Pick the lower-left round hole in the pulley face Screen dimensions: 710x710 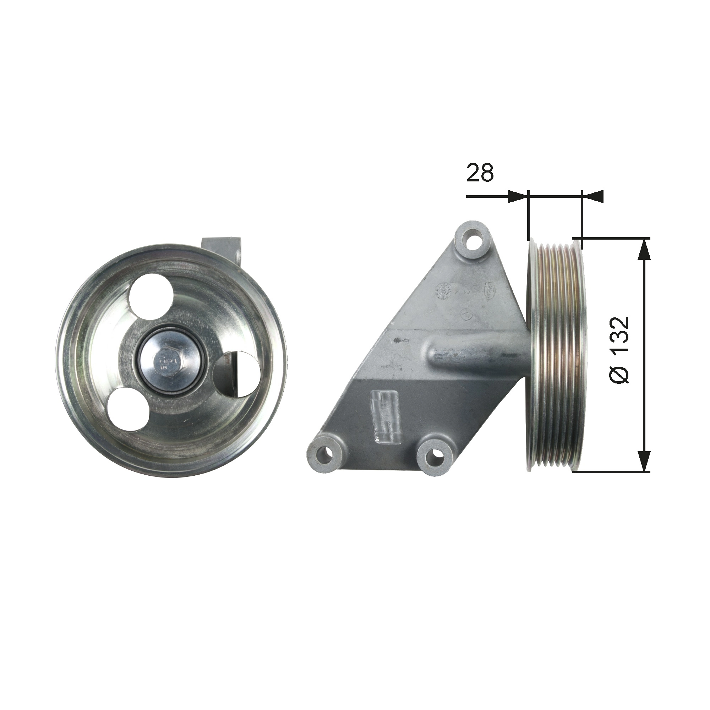(128, 409)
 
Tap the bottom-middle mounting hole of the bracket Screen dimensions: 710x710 (437, 455)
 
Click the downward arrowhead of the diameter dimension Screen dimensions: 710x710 (643, 461)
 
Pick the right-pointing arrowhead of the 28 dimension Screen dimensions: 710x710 (518, 196)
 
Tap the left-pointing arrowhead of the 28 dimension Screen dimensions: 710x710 (593, 196)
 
